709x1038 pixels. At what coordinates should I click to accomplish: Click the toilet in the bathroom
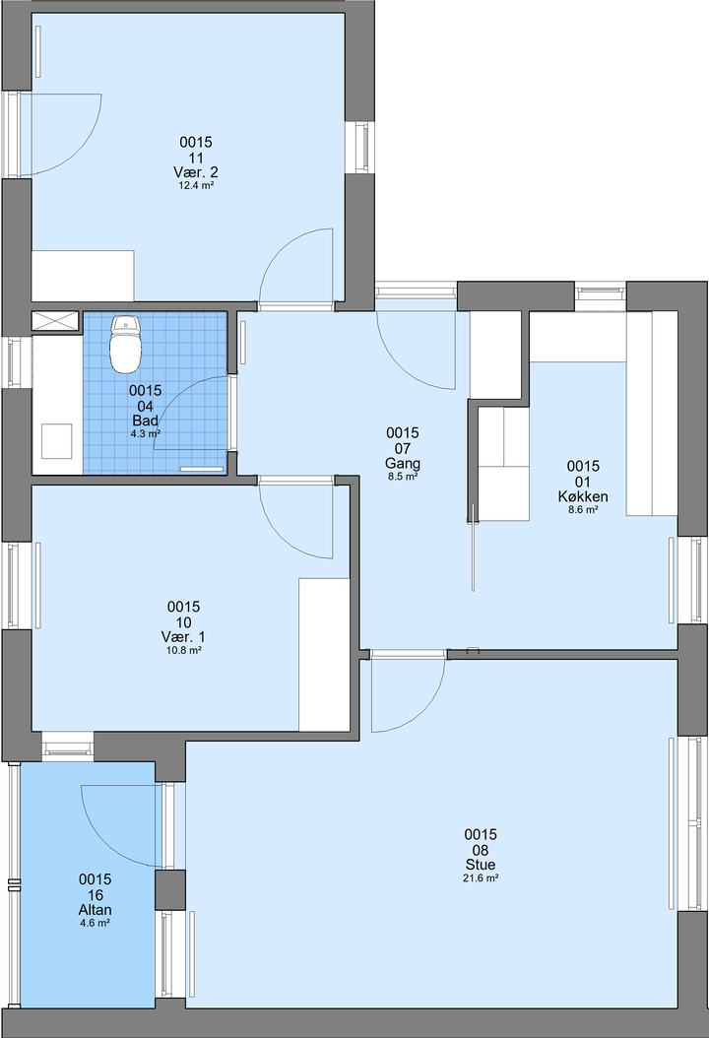point(125,344)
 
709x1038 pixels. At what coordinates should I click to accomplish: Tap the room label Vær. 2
point(195,172)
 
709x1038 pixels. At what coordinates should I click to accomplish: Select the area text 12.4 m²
point(195,186)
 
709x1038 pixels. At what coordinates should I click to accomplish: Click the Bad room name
point(145,421)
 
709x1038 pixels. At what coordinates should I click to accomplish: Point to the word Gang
point(403,463)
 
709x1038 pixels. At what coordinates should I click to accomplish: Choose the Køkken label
point(583,496)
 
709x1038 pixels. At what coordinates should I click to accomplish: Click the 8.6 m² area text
point(583,510)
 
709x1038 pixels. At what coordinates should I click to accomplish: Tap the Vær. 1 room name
point(183,637)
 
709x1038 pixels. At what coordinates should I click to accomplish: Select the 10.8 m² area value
point(183,651)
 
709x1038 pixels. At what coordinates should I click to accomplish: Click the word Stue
point(480,865)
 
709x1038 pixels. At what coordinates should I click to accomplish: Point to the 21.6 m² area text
point(480,878)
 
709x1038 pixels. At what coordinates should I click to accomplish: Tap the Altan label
point(95,910)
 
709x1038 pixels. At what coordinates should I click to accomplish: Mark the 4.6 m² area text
point(95,923)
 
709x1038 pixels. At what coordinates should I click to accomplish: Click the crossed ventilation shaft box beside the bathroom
point(55,322)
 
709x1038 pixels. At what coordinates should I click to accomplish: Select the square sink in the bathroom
point(57,441)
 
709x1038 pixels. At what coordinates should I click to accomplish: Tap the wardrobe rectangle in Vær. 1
point(324,655)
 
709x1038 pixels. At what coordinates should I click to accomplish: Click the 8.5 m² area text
point(403,476)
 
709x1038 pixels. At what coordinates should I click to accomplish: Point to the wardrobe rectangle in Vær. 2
point(83,276)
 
